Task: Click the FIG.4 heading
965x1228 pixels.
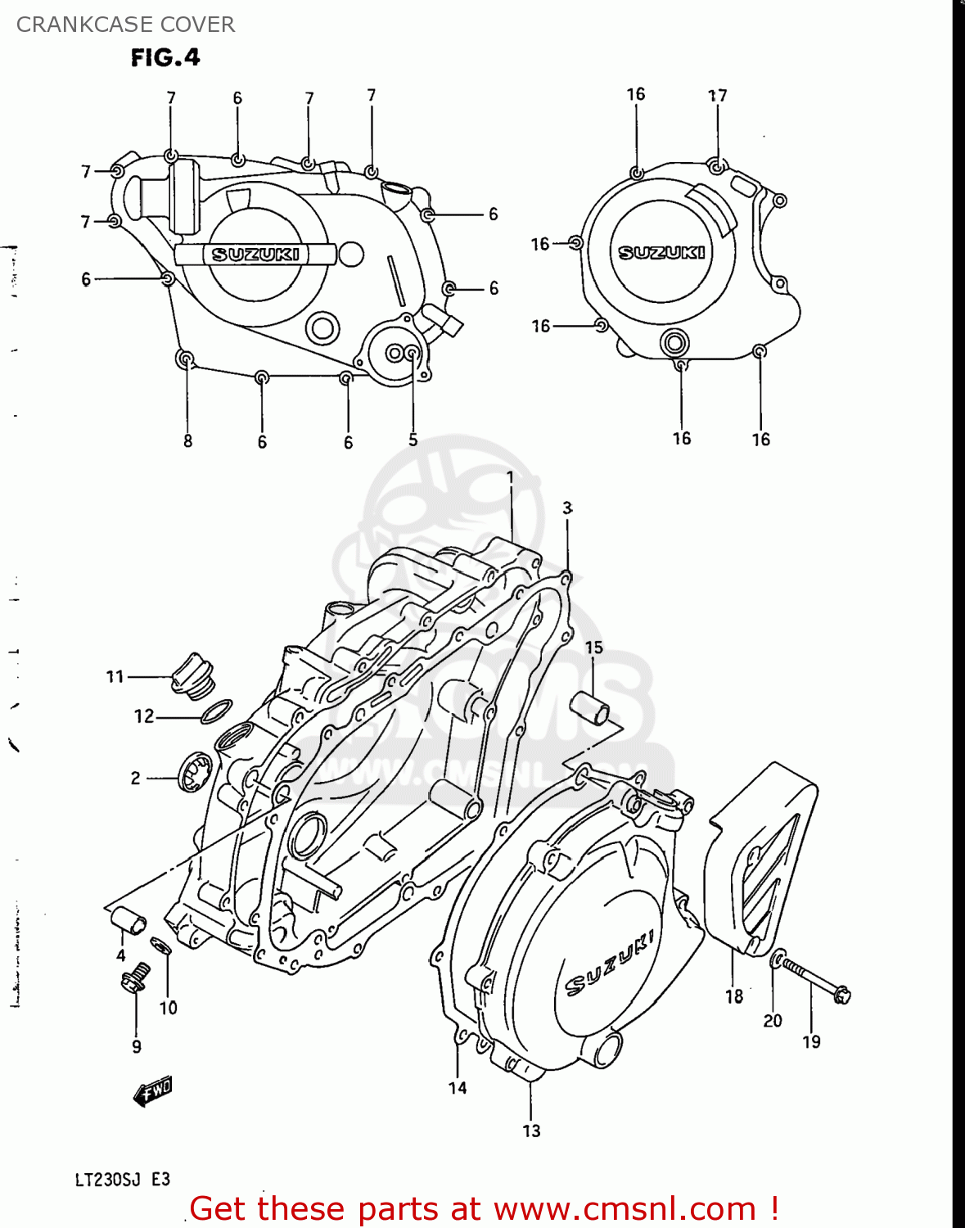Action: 165,57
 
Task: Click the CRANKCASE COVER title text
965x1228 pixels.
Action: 125,25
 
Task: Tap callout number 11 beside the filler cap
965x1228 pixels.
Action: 115,677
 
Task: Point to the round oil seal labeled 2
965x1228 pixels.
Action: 196,772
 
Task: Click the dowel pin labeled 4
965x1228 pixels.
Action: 128,922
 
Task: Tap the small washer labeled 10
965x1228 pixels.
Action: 161,947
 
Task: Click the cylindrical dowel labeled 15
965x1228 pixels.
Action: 590,707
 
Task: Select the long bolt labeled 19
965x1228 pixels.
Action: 814,980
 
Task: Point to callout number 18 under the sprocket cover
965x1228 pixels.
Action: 734,996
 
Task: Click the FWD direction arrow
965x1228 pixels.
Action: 153,1090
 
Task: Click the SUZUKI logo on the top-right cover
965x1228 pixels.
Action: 661,252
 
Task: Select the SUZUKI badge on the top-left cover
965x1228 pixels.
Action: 255,255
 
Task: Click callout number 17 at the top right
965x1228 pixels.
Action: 717,96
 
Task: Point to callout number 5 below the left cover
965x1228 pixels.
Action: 413,440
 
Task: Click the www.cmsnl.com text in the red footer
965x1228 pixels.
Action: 625,1209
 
